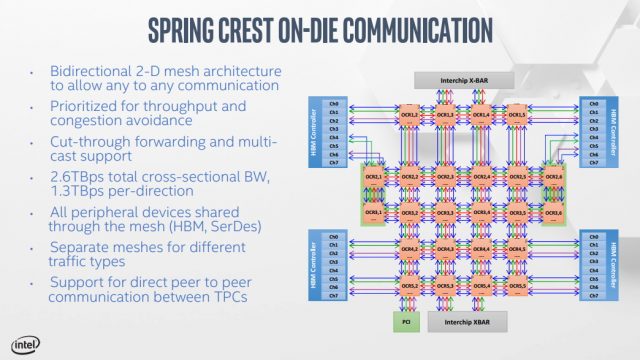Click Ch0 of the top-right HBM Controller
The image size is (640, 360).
click(594, 104)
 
